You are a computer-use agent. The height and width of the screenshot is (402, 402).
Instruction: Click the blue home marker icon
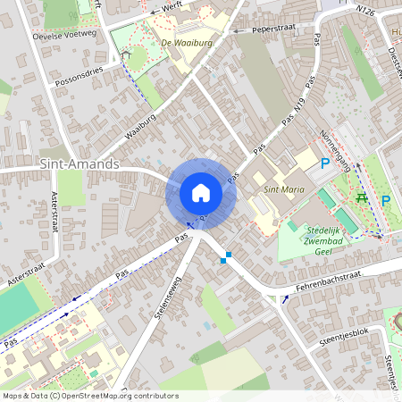coord(201,193)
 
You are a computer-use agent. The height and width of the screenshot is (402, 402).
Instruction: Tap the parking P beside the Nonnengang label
coord(325,164)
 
